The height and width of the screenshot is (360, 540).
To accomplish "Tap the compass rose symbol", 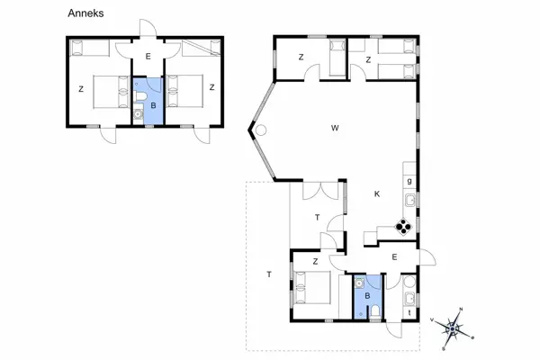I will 453,328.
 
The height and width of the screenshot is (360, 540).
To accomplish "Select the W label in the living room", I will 335,128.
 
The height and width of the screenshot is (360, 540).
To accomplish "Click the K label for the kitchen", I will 377,193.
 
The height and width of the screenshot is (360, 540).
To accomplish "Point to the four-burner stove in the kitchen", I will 406,227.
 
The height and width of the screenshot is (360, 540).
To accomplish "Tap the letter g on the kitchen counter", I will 409,181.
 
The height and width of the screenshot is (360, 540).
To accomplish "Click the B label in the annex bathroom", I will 153,105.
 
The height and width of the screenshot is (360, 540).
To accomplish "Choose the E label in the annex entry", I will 148,58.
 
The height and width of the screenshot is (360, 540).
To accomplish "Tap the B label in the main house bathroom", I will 366,294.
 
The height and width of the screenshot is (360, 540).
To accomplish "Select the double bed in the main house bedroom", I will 311,291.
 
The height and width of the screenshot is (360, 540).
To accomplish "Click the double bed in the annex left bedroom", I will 105,91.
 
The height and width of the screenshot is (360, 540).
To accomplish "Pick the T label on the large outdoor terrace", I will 268,274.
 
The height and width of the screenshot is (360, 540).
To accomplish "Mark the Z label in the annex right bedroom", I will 211,87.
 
